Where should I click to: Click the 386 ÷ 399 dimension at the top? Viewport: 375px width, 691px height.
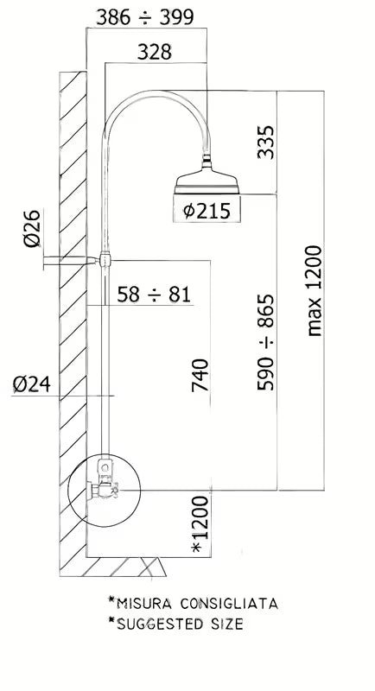144,17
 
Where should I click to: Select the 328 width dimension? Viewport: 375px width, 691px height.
154,52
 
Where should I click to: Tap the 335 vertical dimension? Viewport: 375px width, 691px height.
266,143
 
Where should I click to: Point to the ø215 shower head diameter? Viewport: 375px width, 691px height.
207,211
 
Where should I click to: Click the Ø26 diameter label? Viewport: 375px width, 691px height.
32,228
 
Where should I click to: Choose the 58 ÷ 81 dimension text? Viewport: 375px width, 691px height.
154,295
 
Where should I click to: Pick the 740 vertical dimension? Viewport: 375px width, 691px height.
200,375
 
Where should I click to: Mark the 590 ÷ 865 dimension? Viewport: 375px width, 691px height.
266,342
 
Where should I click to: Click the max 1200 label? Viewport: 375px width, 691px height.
315,291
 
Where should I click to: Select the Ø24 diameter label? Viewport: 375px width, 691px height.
31,384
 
